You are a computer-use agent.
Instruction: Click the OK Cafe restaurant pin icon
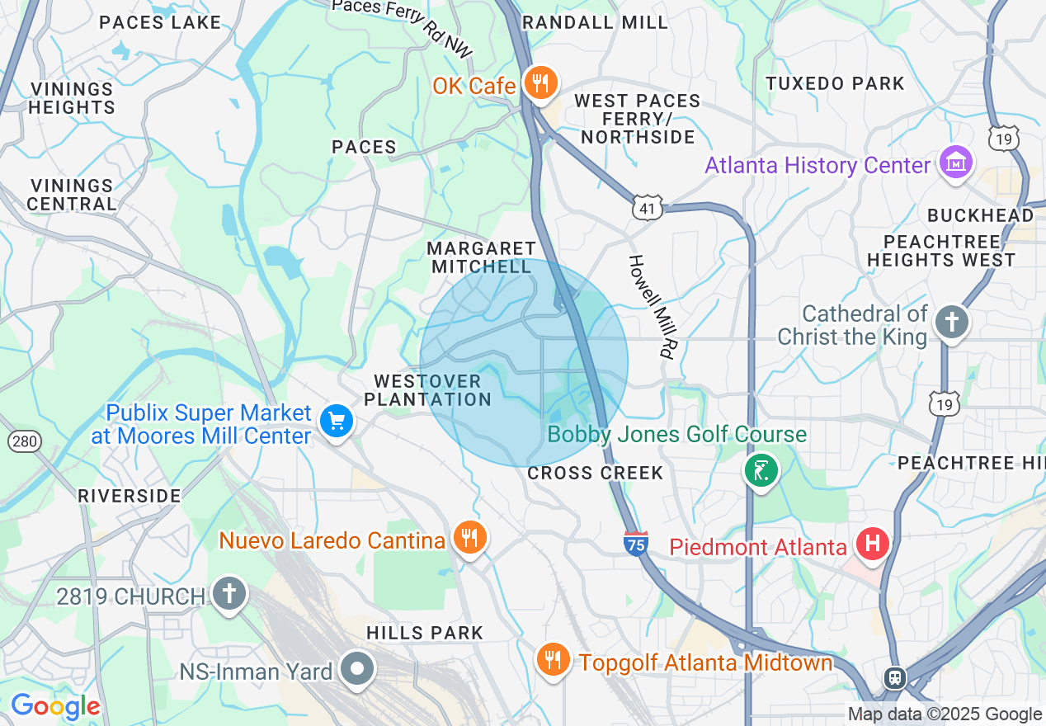pos(540,83)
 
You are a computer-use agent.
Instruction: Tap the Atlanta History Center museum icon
pos(956,163)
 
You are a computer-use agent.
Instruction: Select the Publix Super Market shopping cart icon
pos(336,422)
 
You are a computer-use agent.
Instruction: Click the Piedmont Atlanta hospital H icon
pos(870,544)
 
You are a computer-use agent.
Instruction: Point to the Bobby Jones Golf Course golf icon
pos(761,472)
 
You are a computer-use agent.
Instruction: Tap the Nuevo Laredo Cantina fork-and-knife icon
pos(469,538)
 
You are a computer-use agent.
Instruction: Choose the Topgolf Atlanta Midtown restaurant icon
pos(553,660)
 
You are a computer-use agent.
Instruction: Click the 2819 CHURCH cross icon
pos(229,594)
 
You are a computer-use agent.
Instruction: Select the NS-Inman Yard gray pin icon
pos(358,669)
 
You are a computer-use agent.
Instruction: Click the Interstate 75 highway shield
pos(635,543)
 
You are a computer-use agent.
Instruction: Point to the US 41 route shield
pos(648,208)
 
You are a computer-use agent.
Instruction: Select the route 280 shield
pos(25,441)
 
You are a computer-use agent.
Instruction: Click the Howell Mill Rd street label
pos(650,305)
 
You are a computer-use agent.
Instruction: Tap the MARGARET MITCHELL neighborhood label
pos(481,257)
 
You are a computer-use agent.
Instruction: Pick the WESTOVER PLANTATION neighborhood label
pos(427,390)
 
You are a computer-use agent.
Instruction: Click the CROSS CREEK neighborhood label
pos(595,473)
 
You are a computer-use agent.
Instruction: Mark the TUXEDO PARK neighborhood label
pos(835,83)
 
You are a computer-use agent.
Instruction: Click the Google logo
pos(54,706)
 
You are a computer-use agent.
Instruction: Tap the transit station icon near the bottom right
pos(894,678)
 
